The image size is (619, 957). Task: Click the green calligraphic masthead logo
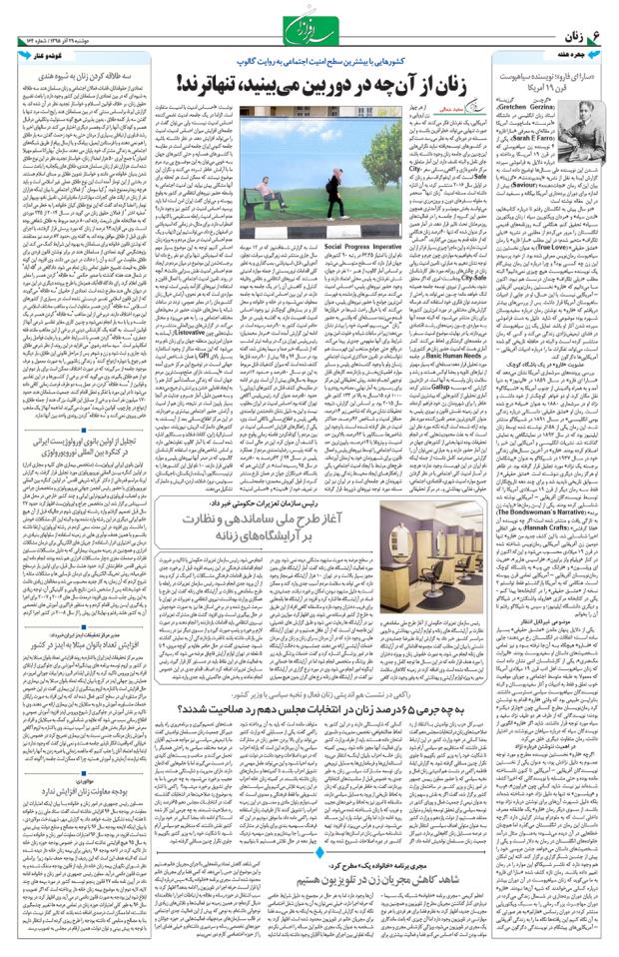[309, 22]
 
